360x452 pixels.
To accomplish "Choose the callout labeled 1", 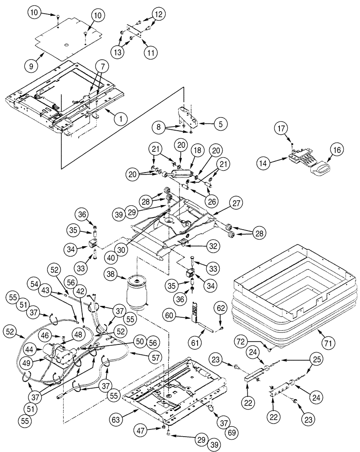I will pyautogui.click(x=120, y=119).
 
